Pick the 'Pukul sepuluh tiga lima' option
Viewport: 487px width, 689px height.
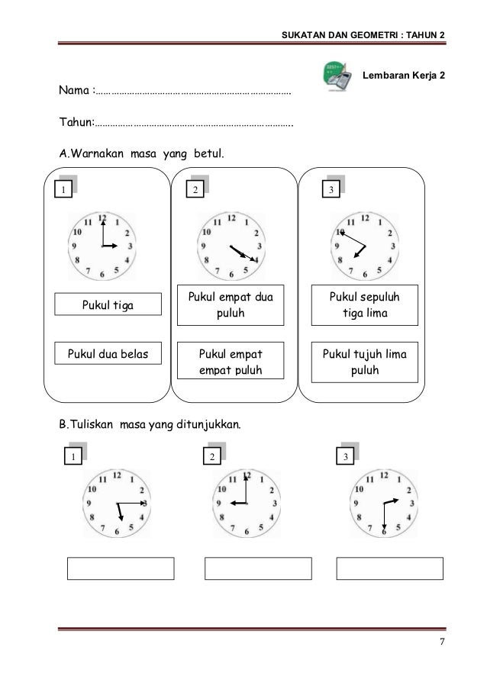(x=363, y=303)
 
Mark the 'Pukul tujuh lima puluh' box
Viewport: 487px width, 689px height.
(x=363, y=361)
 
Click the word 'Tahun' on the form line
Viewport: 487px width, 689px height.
(x=76, y=122)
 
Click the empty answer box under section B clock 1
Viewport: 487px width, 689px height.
(x=121, y=568)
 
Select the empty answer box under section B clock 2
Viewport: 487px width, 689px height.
(x=258, y=568)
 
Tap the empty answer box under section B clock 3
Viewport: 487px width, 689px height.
(x=389, y=568)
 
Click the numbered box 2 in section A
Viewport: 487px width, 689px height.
(x=196, y=188)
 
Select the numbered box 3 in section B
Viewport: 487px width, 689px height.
(x=346, y=457)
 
